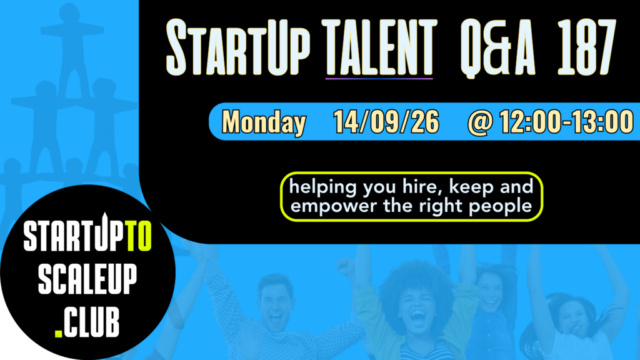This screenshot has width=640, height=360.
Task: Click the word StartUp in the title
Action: click(x=238, y=47)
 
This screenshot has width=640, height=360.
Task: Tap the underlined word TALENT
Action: click(x=379, y=47)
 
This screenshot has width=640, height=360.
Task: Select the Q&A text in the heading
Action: click(x=497, y=47)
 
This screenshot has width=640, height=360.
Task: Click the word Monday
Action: click(x=264, y=122)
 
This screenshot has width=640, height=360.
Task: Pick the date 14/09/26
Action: click(x=386, y=122)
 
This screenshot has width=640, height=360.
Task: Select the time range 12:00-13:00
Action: click(x=566, y=122)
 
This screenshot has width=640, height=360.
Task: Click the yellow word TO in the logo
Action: click(x=139, y=236)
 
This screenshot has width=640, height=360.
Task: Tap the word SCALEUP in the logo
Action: click(x=87, y=279)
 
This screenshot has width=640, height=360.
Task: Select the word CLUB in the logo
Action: click(x=91, y=322)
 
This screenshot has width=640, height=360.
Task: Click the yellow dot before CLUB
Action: click(x=58, y=333)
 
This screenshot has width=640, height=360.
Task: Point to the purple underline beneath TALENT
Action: click(x=379, y=78)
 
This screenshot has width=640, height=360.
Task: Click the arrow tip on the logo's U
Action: click(x=104, y=214)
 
